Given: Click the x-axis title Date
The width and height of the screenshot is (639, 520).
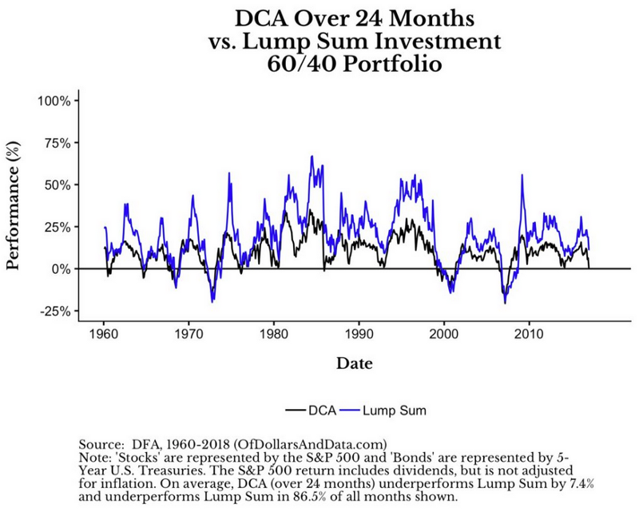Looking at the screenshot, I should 351,363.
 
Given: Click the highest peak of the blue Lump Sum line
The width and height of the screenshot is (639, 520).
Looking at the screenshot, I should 312,157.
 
